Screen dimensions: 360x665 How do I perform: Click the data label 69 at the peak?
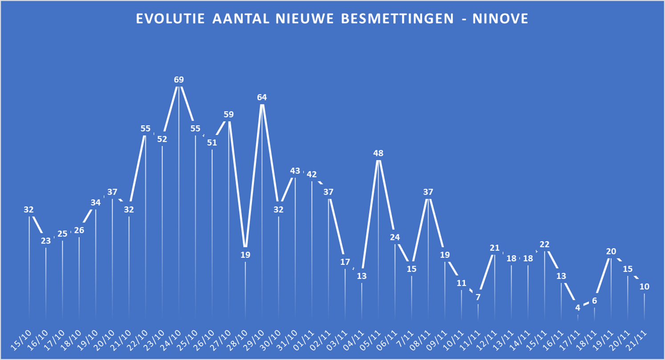click(x=178, y=80)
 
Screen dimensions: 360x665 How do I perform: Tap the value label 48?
click(x=378, y=153)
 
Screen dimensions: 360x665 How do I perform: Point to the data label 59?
click(x=228, y=114)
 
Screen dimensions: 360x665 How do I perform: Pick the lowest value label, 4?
click(x=578, y=307)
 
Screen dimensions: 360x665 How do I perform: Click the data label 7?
click(x=478, y=297)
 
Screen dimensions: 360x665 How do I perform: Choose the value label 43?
click(x=295, y=170)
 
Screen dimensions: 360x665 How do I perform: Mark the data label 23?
click(x=45, y=241)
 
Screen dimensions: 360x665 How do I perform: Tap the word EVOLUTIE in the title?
click(x=170, y=20)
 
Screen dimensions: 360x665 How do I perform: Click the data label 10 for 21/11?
click(x=644, y=286)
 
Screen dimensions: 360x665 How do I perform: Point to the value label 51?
click(x=212, y=142)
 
